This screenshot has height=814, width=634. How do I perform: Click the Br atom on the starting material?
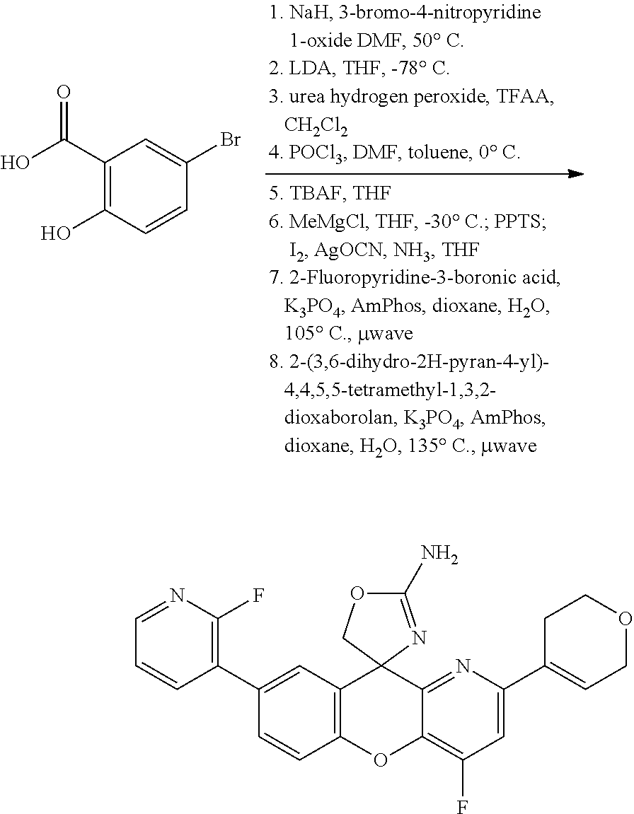230,139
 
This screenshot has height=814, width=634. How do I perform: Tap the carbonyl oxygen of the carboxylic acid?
64,92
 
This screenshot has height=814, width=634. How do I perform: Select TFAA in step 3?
526,97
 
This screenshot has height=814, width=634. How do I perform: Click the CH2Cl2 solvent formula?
316,126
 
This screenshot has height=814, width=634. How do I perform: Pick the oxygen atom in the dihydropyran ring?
624,620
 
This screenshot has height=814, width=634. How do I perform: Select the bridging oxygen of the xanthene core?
381,760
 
